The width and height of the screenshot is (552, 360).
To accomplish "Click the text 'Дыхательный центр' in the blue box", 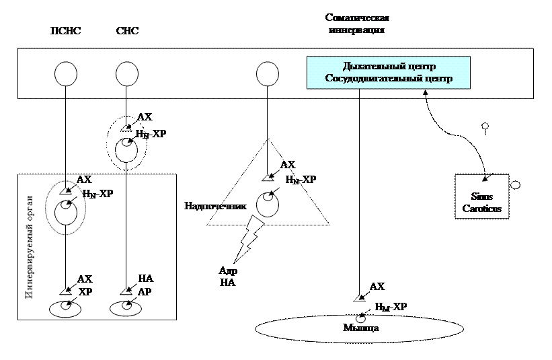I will [x=389, y=67].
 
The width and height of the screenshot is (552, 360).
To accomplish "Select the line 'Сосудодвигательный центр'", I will [x=389, y=79].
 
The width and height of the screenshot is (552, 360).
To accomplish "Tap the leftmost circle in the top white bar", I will [x=66, y=73].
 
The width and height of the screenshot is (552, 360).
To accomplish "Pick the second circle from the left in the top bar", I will [x=127, y=73].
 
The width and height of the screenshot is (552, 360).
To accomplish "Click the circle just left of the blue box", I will [x=268, y=73].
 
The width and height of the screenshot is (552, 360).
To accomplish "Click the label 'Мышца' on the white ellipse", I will [x=361, y=328].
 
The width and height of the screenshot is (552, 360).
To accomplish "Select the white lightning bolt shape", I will [x=247, y=240].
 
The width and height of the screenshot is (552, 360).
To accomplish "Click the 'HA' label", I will [x=145, y=278].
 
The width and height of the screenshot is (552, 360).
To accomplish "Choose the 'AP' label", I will [x=145, y=293].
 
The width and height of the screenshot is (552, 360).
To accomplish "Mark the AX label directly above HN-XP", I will [x=84, y=180].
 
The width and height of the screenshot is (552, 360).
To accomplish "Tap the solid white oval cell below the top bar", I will [x=127, y=149].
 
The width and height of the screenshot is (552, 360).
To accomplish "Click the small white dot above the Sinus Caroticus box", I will [x=485, y=126].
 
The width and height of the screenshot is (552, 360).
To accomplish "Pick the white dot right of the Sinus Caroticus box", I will [x=516, y=185].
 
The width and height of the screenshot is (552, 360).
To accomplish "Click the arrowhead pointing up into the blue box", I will [x=426, y=94].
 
